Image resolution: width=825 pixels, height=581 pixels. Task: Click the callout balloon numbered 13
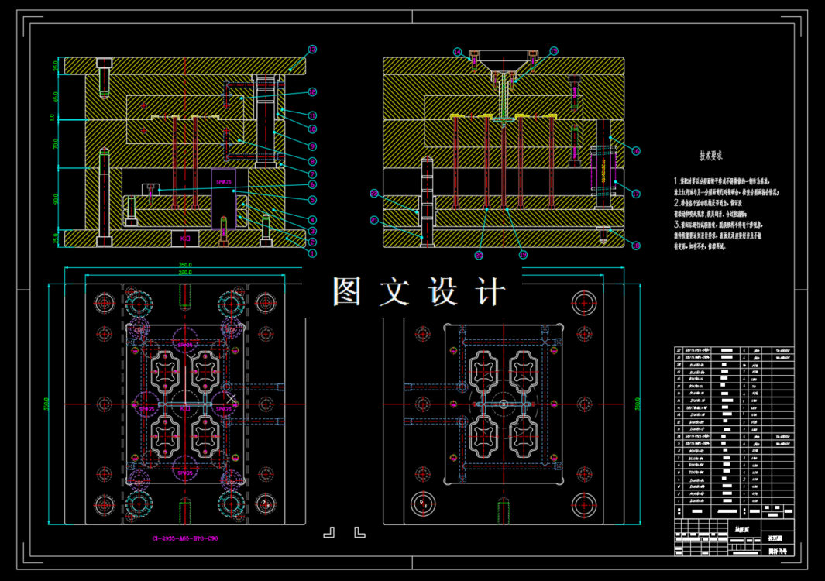[x=312, y=50]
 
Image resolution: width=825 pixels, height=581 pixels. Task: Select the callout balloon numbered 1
[x=312, y=253]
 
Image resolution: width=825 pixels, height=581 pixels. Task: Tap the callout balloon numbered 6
[x=312, y=185]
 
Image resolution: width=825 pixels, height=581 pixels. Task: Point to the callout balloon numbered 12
[x=312, y=91]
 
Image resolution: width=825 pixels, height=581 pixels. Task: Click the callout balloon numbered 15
[x=554, y=51]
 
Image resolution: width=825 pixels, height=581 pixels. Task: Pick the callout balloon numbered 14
[x=458, y=52]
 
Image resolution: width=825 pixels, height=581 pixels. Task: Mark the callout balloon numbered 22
[x=373, y=194]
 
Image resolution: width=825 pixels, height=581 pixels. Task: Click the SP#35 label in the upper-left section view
[x=223, y=178]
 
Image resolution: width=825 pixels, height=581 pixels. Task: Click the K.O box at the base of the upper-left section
[x=185, y=239]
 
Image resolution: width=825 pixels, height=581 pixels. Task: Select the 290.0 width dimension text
[x=184, y=273]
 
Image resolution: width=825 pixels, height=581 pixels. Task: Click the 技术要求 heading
[x=711, y=155]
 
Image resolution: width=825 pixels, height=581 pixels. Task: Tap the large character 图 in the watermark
[x=349, y=292]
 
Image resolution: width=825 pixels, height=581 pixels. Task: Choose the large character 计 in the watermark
[x=488, y=292]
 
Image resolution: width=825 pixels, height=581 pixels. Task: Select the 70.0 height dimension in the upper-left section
[x=56, y=143]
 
